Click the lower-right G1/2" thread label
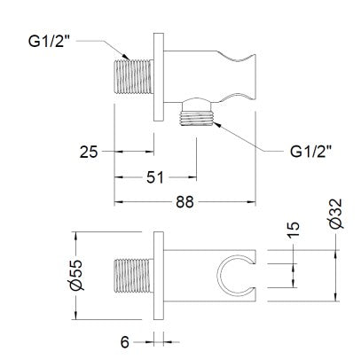point(310,152)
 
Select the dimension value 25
point(89,152)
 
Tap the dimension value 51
point(155,177)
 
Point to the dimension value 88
point(184,202)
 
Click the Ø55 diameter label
point(76,275)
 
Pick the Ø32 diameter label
point(335,214)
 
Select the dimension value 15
point(293,230)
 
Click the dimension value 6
point(125,342)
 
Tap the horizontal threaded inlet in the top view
point(134,77)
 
